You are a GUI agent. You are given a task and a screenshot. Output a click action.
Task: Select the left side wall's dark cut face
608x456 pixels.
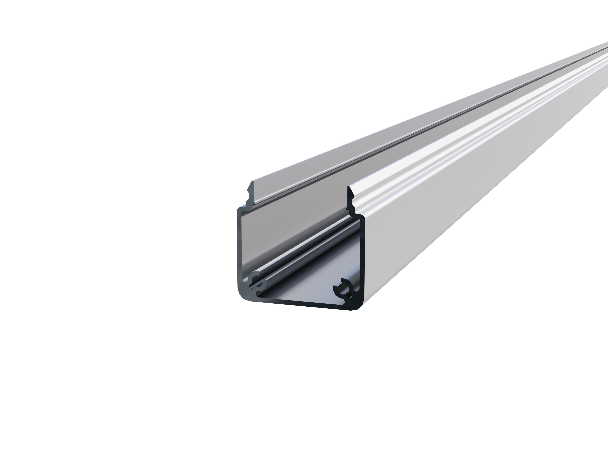click(239, 247)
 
